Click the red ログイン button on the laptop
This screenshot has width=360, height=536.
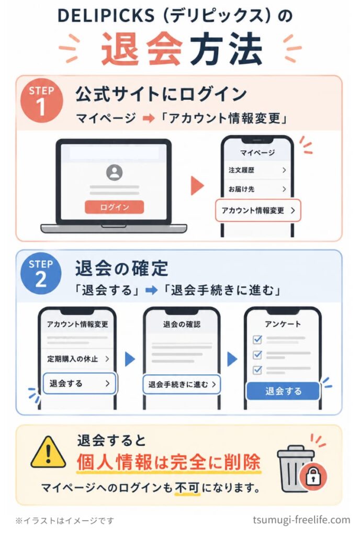(x=115, y=207)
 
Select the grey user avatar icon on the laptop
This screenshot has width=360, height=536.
(x=115, y=172)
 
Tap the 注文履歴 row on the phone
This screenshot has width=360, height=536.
(x=257, y=170)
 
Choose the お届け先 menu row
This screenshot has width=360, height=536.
(x=257, y=188)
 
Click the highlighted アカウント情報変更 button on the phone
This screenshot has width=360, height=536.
(x=258, y=210)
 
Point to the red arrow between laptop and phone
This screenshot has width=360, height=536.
(x=197, y=186)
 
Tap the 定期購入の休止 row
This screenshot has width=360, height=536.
(x=78, y=359)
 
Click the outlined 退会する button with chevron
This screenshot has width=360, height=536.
(x=80, y=384)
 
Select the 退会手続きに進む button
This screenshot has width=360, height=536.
(x=182, y=385)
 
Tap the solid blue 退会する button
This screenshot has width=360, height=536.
(x=283, y=391)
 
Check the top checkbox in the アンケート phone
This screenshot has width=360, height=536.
(x=257, y=339)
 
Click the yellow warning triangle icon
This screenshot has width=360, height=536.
(x=48, y=453)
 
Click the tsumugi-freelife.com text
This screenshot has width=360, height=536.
(x=301, y=520)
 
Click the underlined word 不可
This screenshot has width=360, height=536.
(x=187, y=487)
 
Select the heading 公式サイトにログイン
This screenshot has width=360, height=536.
(x=161, y=94)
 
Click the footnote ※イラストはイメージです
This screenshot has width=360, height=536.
(x=64, y=521)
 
